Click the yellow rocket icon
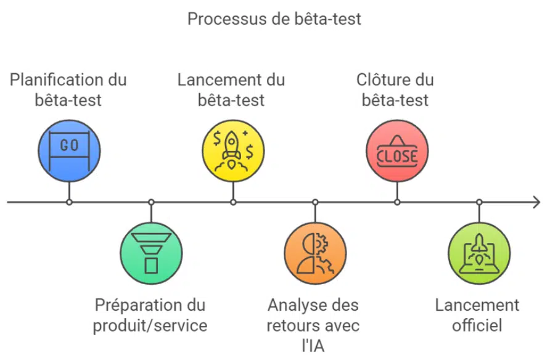[x=233, y=150]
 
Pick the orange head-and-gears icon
[x=315, y=253]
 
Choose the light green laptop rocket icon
[x=479, y=253]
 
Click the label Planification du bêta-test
[x=69, y=89]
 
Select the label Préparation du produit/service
[x=151, y=315]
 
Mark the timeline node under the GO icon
[x=69, y=202]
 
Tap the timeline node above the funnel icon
[x=151, y=202]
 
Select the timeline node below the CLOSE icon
[x=397, y=202]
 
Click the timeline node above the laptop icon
[x=479, y=202]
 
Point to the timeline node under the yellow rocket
[x=233, y=202]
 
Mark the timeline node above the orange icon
[x=315, y=202]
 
